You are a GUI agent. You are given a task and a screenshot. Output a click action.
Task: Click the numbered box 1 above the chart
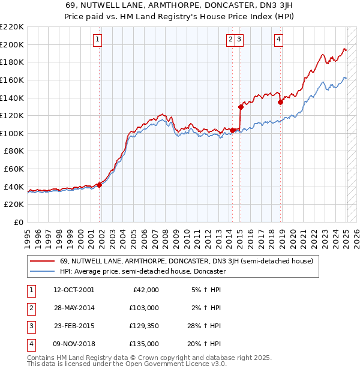point(97,40)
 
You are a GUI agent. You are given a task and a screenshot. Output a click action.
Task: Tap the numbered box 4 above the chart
point(279,40)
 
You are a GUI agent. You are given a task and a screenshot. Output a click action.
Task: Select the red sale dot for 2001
point(100,185)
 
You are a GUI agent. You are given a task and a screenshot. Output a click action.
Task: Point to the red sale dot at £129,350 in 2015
point(241,107)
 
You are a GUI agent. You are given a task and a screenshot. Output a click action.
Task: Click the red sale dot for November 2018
point(280,102)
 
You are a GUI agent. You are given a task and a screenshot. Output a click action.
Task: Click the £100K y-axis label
point(13,133)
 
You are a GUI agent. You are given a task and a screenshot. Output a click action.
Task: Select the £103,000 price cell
point(145,308)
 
